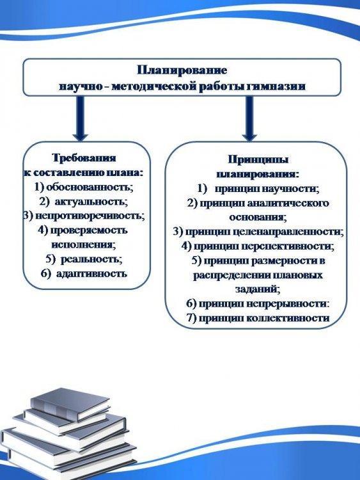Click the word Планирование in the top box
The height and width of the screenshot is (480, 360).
(182, 70)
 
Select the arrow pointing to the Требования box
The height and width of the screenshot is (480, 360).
(81, 118)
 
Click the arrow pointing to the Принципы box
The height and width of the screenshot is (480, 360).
(249, 118)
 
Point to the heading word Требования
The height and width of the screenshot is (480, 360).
(84, 158)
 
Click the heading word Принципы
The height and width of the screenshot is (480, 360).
(258, 159)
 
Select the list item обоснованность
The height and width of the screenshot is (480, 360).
(90, 187)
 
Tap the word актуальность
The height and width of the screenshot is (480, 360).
(91, 202)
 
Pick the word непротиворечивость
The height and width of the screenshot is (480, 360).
(90, 216)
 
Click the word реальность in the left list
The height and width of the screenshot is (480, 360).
(91, 259)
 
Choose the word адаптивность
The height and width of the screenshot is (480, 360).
(91, 274)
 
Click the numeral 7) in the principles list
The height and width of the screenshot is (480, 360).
(191, 318)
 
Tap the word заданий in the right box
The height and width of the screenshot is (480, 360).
(257, 289)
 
